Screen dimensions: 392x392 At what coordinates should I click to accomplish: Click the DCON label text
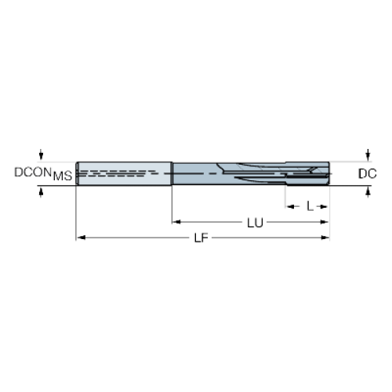(x=33, y=172)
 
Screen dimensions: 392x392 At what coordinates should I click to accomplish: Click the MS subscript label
(x=63, y=176)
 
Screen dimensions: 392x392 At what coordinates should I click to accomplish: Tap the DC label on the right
(x=367, y=174)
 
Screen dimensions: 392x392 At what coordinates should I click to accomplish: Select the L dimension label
(x=310, y=206)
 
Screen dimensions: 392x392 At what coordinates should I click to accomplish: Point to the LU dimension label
(x=255, y=223)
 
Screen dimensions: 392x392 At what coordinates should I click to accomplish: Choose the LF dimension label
(x=201, y=238)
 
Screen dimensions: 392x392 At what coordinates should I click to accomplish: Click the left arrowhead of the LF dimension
(x=82, y=238)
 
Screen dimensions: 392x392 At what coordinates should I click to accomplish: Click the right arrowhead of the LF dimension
(x=325, y=238)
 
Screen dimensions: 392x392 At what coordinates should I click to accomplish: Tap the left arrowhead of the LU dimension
(x=176, y=222)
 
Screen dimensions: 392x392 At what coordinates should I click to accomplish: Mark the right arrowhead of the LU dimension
(x=325, y=222)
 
